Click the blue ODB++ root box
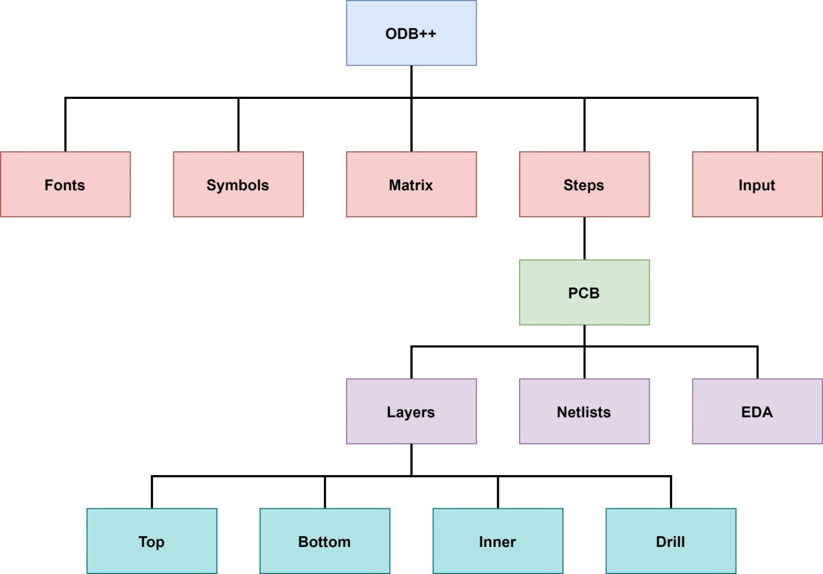tap(411, 33)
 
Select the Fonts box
tap(65, 185)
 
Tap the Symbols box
tap(238, 185)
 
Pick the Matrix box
tap(411, 185)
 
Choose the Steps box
tap(584, 185)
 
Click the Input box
tap(757, 185)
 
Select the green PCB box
tap(584, 293)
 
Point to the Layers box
tap(411, 411)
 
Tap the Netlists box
tap(584, 411)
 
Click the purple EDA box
tap(757, 411)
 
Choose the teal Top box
tap(152, 541)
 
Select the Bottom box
tap(325, 541)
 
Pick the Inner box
tap(498, 541)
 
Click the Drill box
tap(670, 541)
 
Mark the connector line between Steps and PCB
tap(584, 238)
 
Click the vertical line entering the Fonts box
tap(66, 125)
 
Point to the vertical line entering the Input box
tap(757, 125)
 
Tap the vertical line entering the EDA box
tap(757, 363)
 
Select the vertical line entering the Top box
tap(152, 492)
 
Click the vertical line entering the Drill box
tap(670, 492)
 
